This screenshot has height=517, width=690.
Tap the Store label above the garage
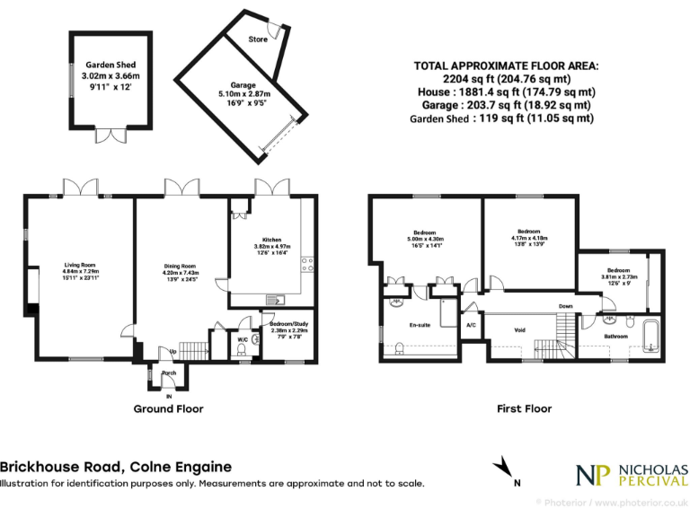(x=259, y=39)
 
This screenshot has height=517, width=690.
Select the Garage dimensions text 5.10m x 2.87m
(x=238, y=92)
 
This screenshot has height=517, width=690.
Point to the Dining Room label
(x=180, y=266)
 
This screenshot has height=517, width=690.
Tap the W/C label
(x=243, y=340)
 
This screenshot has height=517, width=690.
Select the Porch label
(x=168, y=372)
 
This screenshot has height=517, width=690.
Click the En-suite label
(x=420, y=325)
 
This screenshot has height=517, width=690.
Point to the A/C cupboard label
(x=472, y=325)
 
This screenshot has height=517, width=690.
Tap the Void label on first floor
(x=519, y=330)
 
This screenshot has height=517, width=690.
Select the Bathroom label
(x=615, y=337)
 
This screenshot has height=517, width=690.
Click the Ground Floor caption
(x=168, y=408)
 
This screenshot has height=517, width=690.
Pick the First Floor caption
(x=524, y=408)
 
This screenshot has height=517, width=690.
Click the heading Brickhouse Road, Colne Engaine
(x=116, y=467)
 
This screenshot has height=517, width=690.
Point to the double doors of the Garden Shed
(x=116, y=136)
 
